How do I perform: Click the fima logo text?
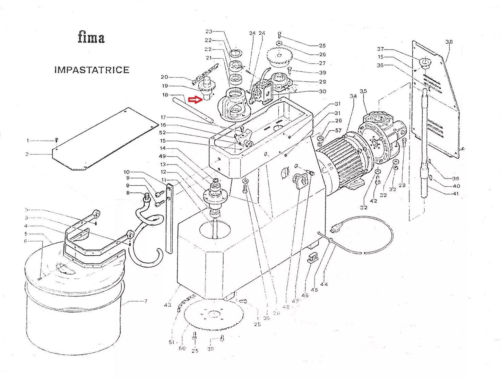tap(91, 37)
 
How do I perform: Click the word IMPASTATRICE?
tap(92, 70)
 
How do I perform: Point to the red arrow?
tap(195, 100)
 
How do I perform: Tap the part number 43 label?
tap(167, 305)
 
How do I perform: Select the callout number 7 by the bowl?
tap(146, 301)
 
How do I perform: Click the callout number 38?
tap(449, 42)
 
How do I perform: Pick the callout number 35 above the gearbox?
tap(363, 91)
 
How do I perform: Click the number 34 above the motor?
tap(353, 96)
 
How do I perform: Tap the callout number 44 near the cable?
tap(324, 284)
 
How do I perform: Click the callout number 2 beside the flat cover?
tap(27, 154)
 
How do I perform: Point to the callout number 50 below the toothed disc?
tap(182, 348)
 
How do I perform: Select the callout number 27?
tap(322, 63)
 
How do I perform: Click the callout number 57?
tap(338, 131)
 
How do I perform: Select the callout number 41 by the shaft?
tap(456, 194)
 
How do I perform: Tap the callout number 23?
tap(209, 32)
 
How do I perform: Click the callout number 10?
tap(127, 172)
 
